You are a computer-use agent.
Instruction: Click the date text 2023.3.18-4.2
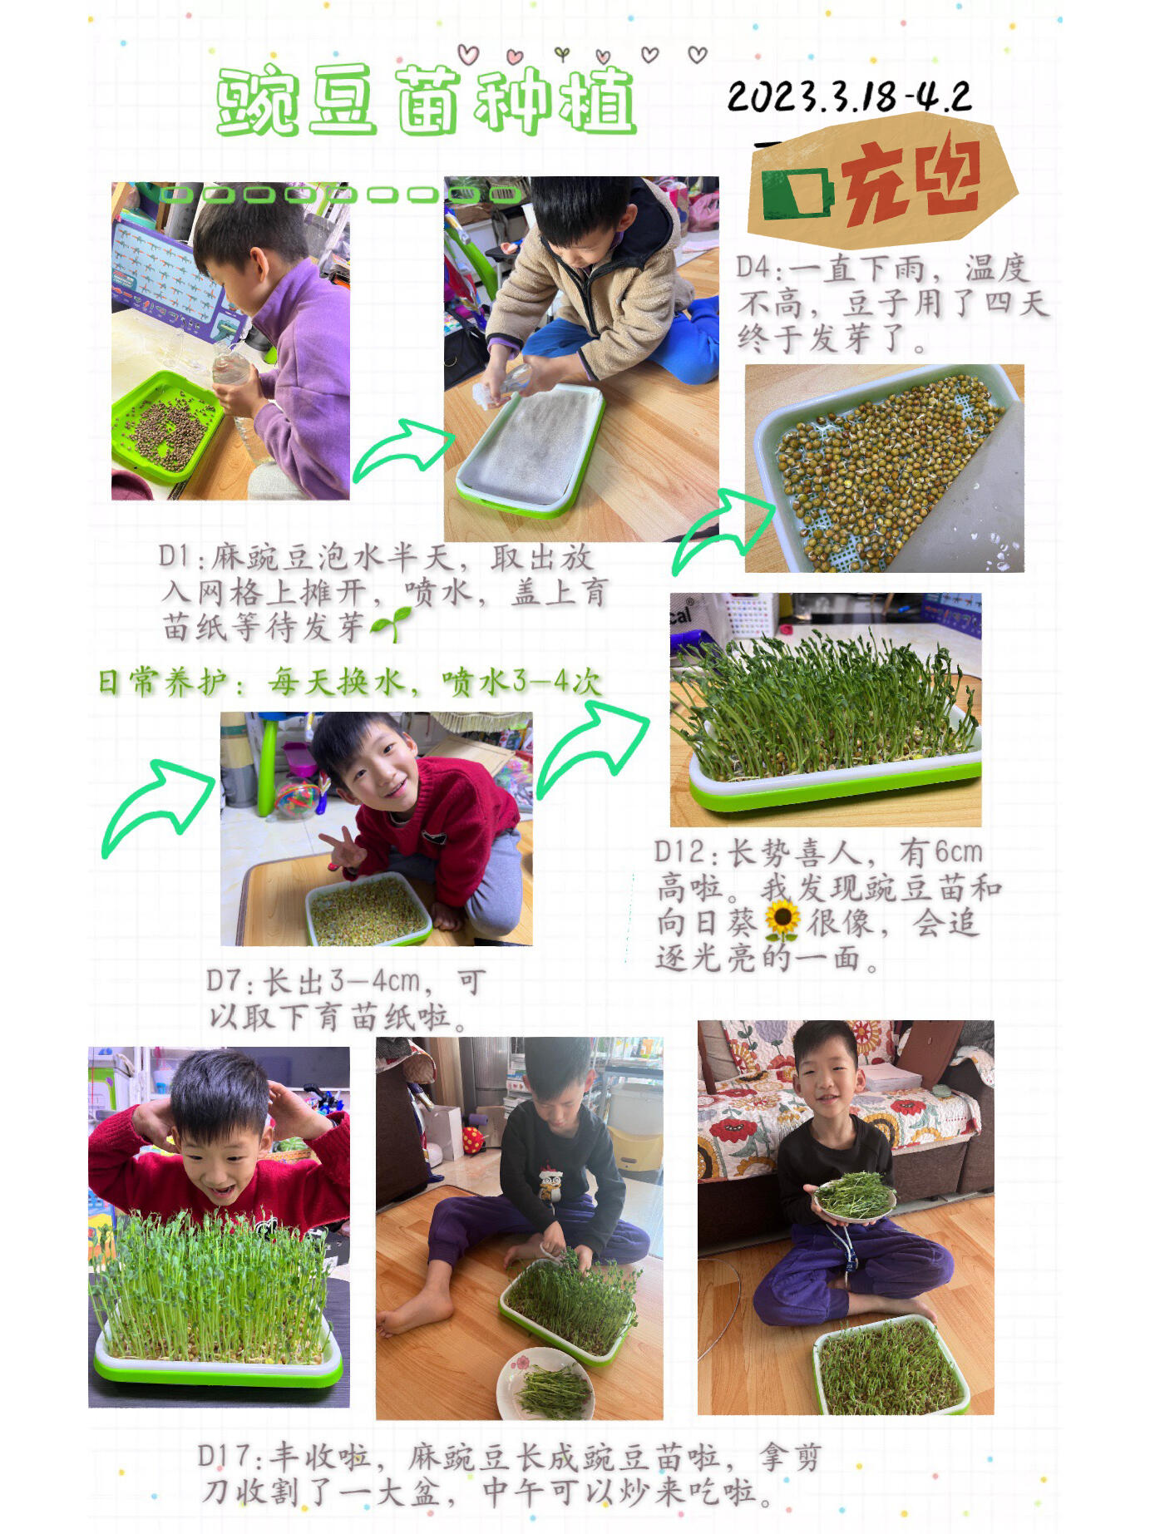tap(848, 97)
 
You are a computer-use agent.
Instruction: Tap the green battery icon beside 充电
tap(796, 194)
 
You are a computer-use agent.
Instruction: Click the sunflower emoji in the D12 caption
tap(782, 920)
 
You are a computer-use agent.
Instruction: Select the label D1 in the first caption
tap(176, 556)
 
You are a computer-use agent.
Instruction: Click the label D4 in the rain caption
tap(755, 268)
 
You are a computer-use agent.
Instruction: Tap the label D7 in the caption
tap(226, 981)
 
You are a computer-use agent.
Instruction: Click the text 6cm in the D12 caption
tap(958, 852)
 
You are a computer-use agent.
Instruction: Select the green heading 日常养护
tap(163, 683)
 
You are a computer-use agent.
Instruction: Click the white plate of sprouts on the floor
tap(545, 1383)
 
